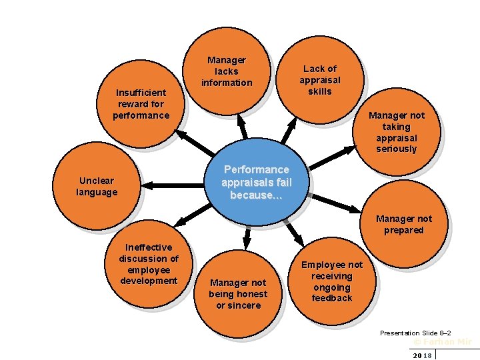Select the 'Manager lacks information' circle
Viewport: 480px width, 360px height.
coord(227,71)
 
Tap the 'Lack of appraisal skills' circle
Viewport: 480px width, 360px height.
coord(320,80)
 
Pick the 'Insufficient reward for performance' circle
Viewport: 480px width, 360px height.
coord(141,104)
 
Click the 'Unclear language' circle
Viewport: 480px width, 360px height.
coord(97,187)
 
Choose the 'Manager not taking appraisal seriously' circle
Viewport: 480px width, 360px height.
coord(396,132)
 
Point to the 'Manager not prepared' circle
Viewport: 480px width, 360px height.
coord(403,225)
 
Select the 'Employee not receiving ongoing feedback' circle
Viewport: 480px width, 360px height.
coord(331,281)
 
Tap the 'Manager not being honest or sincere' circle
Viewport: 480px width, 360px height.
coord(238,294)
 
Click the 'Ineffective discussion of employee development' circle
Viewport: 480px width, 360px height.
coord(149,264)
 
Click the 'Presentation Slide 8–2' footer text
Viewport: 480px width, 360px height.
coord(415,333)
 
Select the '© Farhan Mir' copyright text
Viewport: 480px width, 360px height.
coord(443,341)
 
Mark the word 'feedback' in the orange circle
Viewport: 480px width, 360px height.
coord(331,298)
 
